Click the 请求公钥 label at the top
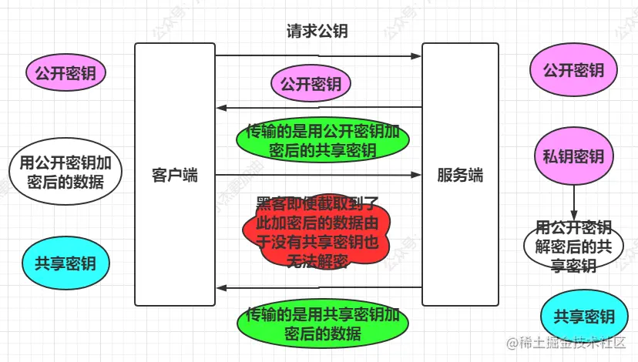pyautogui.click(x=317, y=32)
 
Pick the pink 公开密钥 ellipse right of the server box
pyautogui.click(x=573, y=71)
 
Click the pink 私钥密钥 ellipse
pyautogui.click(x=573, y=157)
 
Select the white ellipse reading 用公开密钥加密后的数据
pyautogui.click(x=65, y=173)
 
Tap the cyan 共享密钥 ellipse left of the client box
pyautogui.click(x=65, y=263)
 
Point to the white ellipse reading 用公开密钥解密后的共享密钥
pyautogui.click(x=573, y=246)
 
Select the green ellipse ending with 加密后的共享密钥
pyautogui.click(x=322, y=140)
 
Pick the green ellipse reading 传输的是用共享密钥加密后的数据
pyautogui.click(x=322, y=324)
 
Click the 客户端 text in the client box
pyautogui.click(x=175, y=175)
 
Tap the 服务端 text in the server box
pyautogui.click(x=460, y=175)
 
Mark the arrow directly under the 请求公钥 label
pyautogui.click(x=318, y=55)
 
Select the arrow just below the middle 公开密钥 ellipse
pyautogui.click(x=318, y=107)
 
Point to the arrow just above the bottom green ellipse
pyautogui.click(x=318, y=288)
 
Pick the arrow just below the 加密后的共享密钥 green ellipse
pyautogui.click(x=318, y=175)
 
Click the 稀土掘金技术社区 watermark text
pyautogui.click(x=570, y=343)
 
